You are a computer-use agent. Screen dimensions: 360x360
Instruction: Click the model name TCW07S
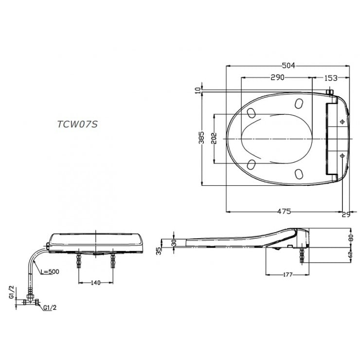(77, 124)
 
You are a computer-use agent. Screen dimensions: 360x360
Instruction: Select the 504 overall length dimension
(288, 66)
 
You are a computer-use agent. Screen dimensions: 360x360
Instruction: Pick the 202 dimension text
(213, 139)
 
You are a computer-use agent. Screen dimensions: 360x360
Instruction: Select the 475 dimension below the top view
(284, 211)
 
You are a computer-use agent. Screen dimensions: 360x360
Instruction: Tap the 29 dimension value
(346, 215)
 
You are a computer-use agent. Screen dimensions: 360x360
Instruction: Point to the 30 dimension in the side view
(174, 242)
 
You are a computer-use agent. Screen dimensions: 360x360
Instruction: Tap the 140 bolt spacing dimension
(96, 282)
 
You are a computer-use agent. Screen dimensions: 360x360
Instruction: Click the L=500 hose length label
(50, 271)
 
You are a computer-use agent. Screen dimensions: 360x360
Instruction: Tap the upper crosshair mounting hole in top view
(342, 121)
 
